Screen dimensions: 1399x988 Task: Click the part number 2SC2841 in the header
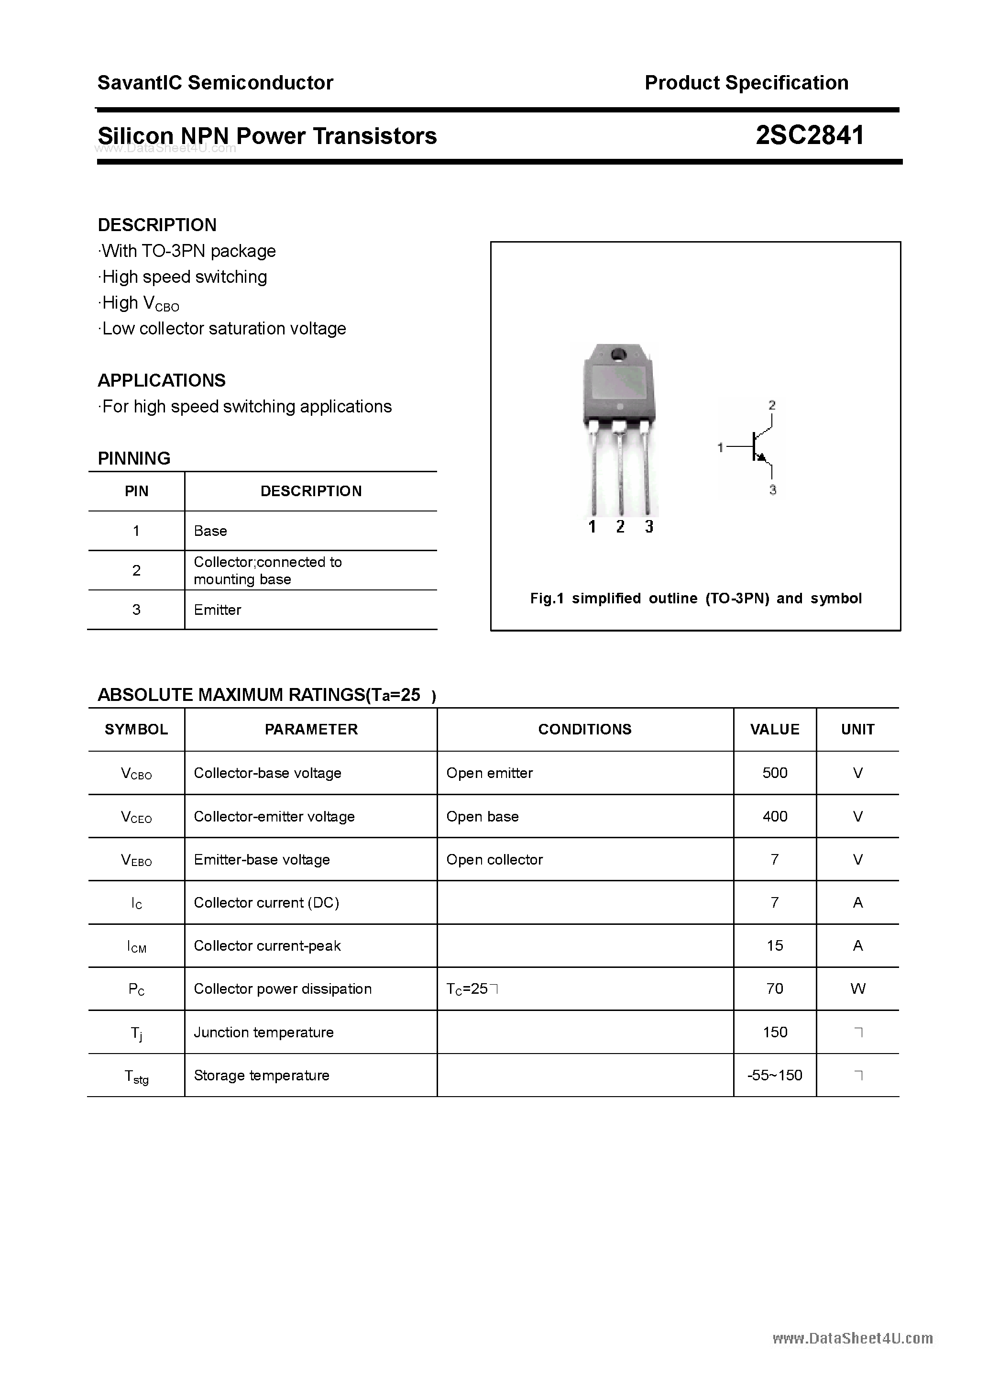810,135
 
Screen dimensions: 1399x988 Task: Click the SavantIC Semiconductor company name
215,83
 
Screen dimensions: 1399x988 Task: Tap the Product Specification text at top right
746,83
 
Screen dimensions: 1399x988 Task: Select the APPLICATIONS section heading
162,380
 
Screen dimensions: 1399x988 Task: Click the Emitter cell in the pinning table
218,610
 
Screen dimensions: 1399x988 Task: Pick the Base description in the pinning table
210,531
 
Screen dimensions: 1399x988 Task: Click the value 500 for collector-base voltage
774,773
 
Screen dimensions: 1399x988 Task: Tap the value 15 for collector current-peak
774,946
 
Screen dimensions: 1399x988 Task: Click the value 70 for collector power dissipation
774,988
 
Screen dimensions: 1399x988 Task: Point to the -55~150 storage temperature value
774,1076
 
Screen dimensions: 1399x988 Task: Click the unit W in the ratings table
857,988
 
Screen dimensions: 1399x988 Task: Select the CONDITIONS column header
584,729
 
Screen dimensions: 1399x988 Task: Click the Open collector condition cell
494,859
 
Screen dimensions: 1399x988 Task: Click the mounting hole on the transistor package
619,354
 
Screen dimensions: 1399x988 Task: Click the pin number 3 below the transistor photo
649,526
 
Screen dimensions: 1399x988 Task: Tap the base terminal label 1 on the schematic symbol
720,447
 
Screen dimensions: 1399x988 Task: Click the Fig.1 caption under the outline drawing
696,599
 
